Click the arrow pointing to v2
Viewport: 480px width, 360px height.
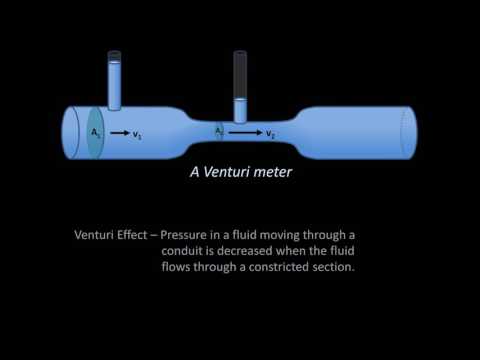point(245,131)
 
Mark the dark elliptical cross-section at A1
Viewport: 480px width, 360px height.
point(95,130)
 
